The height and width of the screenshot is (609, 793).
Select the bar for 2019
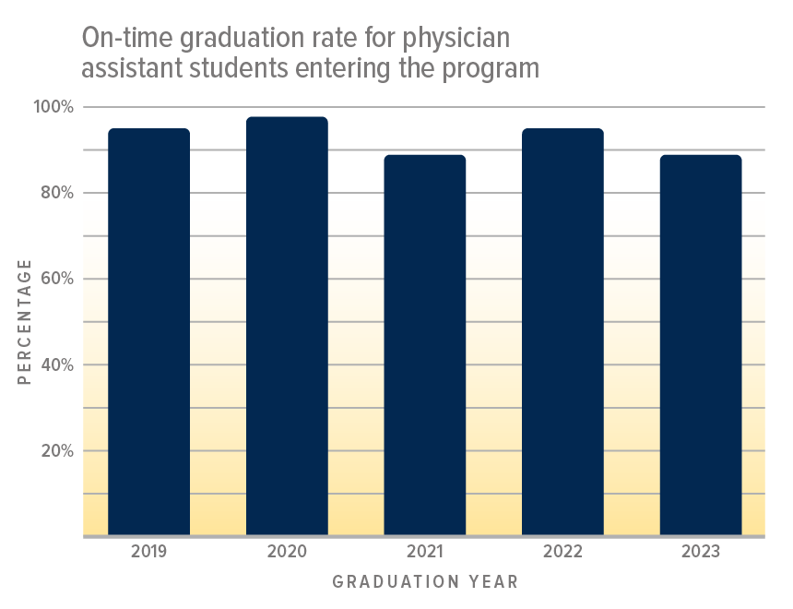pyautogui.click(x=149, y=332)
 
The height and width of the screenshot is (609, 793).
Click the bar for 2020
pyautogui.click(x=287, y=326)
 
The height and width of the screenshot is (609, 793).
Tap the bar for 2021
pyautogui.click(x=425, y=345)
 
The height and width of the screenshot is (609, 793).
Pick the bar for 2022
pyautogui.click(x=562, y=332)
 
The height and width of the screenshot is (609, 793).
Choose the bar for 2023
pyautogui.click(x=701, y=345)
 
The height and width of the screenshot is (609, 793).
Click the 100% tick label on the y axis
pyautogui.click(x=53, y=107)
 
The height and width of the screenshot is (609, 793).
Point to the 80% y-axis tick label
pyautogui.click(x=54, y=193)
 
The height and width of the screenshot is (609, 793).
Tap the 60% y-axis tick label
pyautogui.click(x=54, y=279)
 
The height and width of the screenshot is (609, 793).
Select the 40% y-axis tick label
pyautogui.click(x=54, y=364)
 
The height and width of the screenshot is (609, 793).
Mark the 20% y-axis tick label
pyautogui.click(x=54, y=450)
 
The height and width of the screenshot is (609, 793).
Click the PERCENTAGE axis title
pyautogui.click(x=25, y=321)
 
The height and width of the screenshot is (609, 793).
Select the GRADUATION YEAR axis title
pyautogui.click(x=425, y=582)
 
